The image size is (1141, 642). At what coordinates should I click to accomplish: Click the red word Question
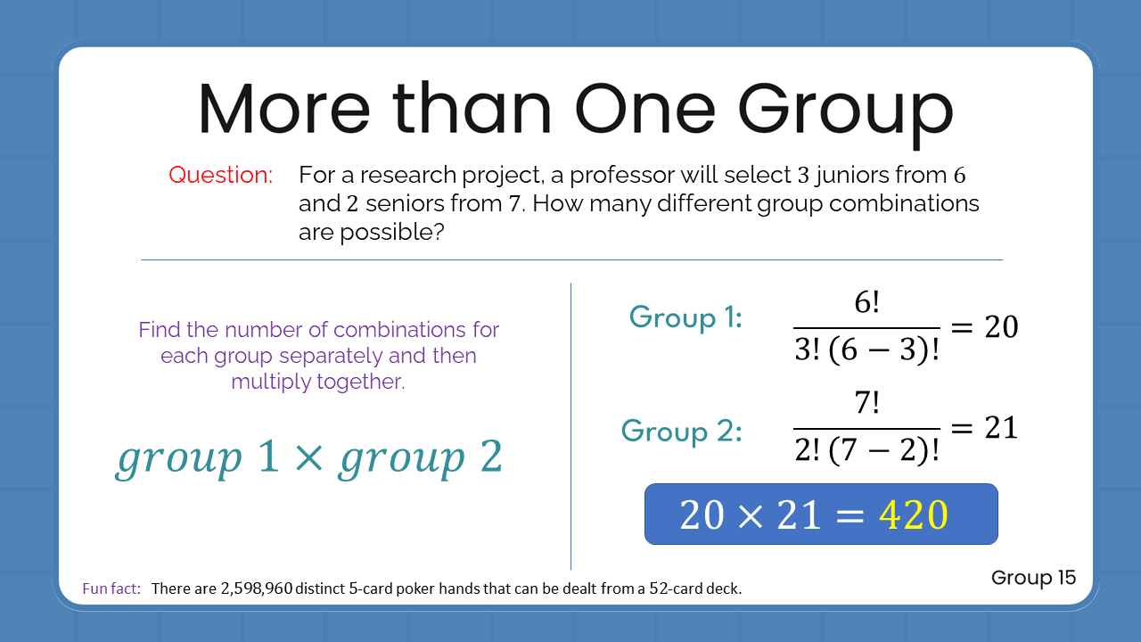(220, 176)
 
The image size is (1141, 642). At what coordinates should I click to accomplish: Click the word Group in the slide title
(845, 110)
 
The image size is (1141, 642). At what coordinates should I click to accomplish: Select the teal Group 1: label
(685, 318)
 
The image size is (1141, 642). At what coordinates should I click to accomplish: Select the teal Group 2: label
(682, 432)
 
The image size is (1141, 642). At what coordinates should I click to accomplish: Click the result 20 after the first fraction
(1001, 327)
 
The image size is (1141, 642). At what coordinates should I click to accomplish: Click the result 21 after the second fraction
(1001, 428)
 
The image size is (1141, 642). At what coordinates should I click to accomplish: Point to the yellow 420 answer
(914, 515)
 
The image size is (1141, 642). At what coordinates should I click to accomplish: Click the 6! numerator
(866, 303)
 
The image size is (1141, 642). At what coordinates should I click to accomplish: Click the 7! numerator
(866, 404)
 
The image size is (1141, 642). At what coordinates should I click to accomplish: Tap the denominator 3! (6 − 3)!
(866, 351)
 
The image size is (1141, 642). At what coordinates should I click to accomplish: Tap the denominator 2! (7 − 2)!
(866, 452)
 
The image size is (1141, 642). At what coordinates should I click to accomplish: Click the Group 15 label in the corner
(1033, 578)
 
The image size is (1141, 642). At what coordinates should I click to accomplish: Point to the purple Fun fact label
(111, 588)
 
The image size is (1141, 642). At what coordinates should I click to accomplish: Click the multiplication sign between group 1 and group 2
(307, 457)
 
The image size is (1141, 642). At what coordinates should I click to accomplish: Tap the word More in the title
(283, 110)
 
